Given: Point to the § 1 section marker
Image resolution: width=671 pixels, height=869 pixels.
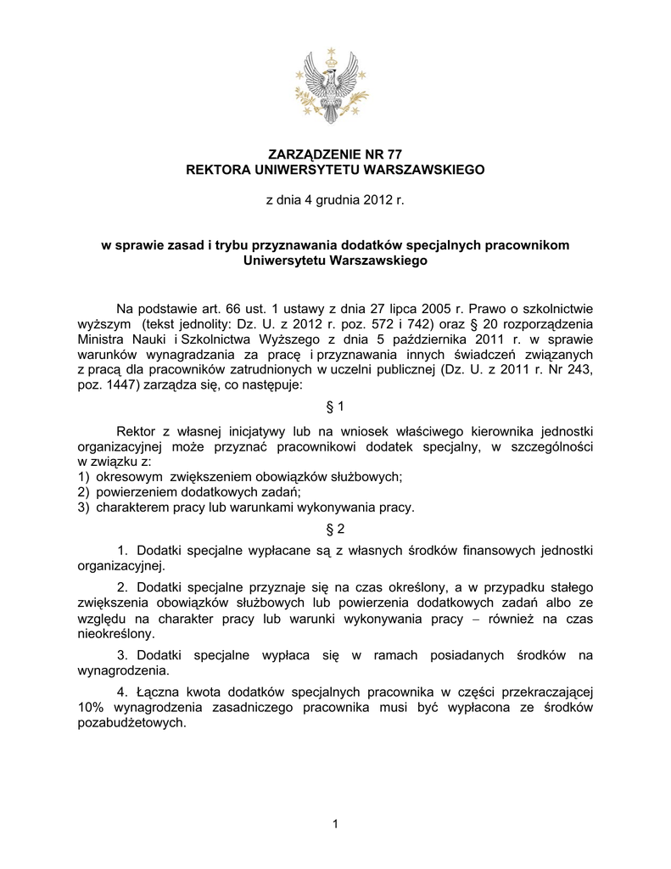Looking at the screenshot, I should [335, 406].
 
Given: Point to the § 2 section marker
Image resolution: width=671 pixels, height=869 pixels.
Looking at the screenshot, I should [335, 530].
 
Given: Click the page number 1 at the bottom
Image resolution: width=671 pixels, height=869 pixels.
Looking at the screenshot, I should [336, 823].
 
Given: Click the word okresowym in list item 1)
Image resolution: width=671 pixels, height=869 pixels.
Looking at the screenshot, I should [127, 477].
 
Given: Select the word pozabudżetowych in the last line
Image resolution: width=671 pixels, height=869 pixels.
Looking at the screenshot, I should [130, 724].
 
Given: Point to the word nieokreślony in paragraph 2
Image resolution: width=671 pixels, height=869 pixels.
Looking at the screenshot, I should [115, 633].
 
